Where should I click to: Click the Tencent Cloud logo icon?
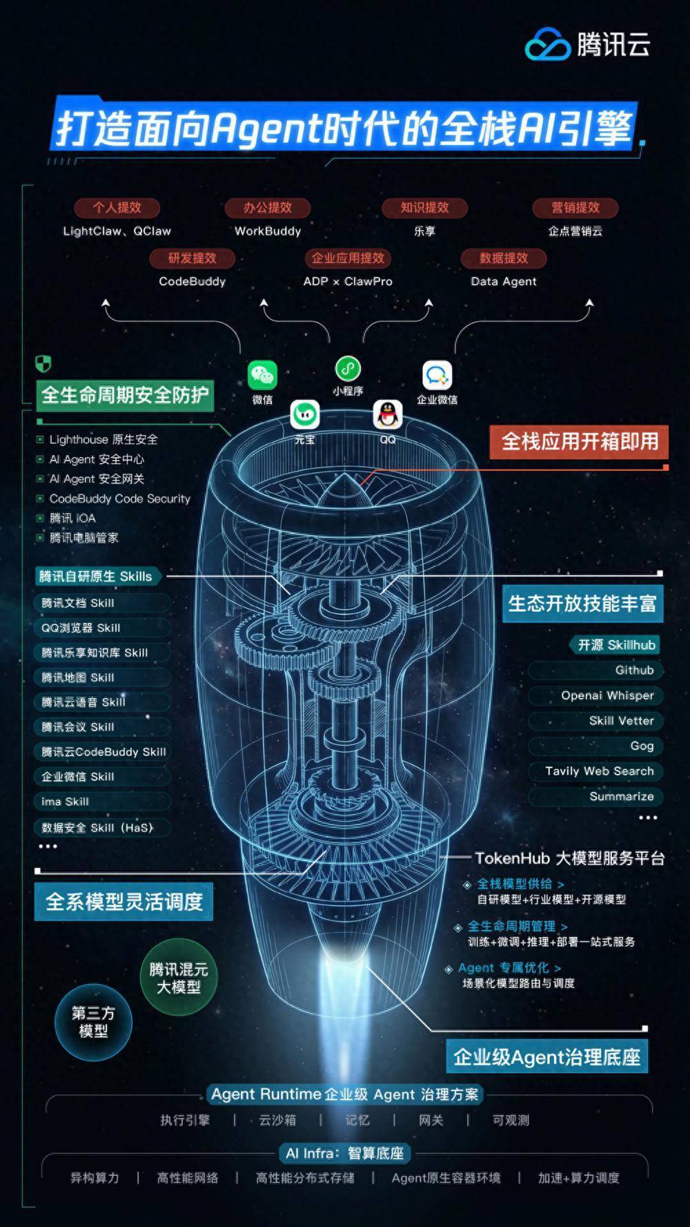coord(549,44)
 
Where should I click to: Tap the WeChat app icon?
coord(262,376)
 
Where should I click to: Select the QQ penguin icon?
coord(388,414)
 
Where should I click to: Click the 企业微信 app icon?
coord(437,376)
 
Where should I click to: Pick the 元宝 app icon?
coord(304,414)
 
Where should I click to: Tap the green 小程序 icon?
coord(348,369)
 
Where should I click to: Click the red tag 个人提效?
coord(117,207)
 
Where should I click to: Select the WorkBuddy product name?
coord(268,231)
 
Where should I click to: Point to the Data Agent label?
coord(504,281)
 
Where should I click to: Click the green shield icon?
coord(43,364)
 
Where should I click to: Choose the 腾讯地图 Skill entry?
coord(78,677)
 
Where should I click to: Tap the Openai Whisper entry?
coord(607,695)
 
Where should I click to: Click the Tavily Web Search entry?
coord(599,771)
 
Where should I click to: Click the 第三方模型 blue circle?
coord(93,1022)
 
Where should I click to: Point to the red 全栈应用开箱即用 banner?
coord(579,442)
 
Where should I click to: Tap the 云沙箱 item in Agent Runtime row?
coord(277,1120)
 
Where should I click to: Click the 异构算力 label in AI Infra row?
coord(95,1178)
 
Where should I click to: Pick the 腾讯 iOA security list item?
coord(72,518)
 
